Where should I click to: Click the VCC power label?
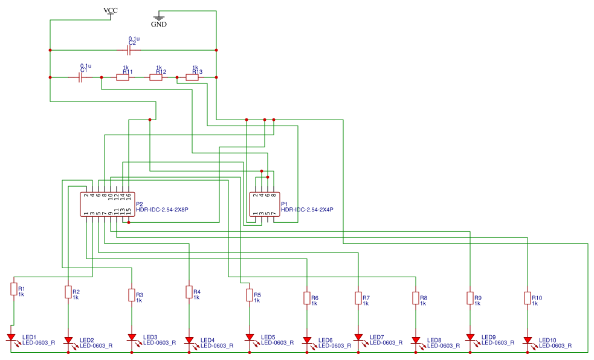(x=111, y=10)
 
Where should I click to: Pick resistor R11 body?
(x=123, y=77)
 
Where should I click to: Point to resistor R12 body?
(x=156, y=77)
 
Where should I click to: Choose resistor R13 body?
(x=192, y=77)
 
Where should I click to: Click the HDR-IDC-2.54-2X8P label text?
(x=162, y=210)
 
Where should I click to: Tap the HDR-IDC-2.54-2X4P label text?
(x=307, y=210)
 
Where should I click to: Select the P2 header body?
(x=107, y=204)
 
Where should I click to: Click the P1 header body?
(x=265, y=204)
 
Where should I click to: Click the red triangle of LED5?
(x=249, y=338)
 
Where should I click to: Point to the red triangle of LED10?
(x=528, y=341)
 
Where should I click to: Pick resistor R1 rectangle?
(x=13, y=289)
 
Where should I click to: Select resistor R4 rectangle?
(x=189, y=292)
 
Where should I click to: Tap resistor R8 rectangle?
(x=416, y=298)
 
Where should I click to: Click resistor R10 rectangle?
(x=528, y=298)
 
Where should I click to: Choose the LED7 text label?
(x=377, y=337)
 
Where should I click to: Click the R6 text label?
(x=314, y=297)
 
